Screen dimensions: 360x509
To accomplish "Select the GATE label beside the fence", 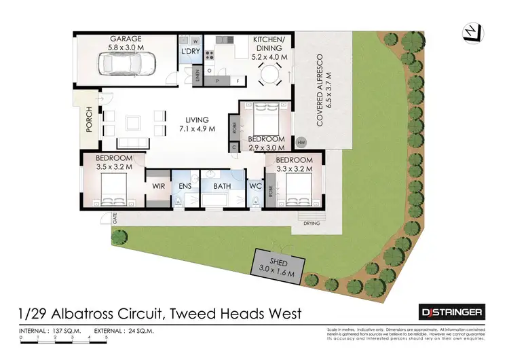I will coord(115,219).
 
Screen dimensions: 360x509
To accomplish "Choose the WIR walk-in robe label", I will coord(159,185).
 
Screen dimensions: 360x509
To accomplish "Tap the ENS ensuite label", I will coord(185,185).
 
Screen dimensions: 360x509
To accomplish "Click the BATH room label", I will coord(222,185).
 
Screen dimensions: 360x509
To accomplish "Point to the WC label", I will coord(254,185).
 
